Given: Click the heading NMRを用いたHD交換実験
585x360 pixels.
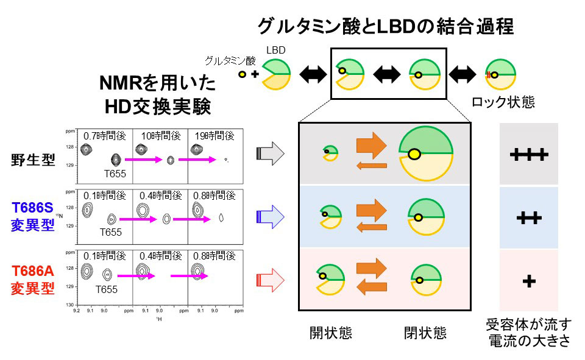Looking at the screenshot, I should tap(157, 95).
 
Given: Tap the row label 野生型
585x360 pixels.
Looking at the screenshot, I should tap(34, 160).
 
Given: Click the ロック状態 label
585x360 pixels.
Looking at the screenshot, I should tap(503, 102).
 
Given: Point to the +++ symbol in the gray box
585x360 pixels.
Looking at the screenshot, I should tap(528, 156).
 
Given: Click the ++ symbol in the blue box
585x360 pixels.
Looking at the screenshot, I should tap(528, 218).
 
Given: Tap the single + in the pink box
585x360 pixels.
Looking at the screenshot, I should tap(528, 281).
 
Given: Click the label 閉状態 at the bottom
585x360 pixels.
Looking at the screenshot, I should tap(425, 333).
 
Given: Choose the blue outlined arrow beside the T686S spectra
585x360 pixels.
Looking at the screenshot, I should tap(270, 216).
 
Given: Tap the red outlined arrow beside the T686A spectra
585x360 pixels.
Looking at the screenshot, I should tap(270, 280).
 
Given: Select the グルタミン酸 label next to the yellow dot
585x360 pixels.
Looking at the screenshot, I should tap(230, 60).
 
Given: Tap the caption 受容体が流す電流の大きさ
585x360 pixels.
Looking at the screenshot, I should tap(528, 333).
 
